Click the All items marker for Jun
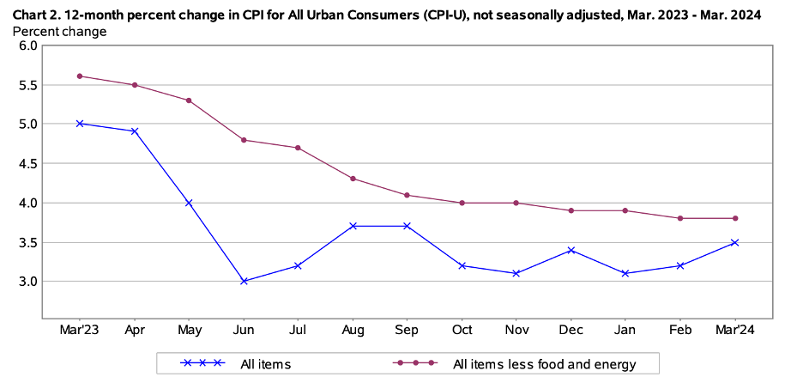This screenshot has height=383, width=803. coord(245,281)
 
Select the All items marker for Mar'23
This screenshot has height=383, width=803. coord(80,124)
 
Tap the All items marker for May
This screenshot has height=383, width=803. coord(189,203)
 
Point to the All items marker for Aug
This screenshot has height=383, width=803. coord(353,226)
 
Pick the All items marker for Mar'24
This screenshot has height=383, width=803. coord(735,242)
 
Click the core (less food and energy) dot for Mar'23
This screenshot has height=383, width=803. coord(80,76)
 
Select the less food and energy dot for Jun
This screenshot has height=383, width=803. coord(245,140)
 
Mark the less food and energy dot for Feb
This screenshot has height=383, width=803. coord(680,218)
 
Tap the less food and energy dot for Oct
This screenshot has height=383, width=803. coord(462,203)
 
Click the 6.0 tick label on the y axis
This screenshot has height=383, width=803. coord(28,46)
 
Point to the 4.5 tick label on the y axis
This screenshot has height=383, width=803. coord(28,163)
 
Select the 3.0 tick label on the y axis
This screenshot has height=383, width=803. coord(28,282)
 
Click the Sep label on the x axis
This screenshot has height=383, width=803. coord(408,330)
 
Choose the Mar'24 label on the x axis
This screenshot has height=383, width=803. coord(735,330)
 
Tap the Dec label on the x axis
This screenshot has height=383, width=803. coord(571,330)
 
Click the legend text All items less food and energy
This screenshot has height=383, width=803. coord(544,364)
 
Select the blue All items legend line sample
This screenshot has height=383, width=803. coord(202,363)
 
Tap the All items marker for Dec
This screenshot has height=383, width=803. coord(571,250)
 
